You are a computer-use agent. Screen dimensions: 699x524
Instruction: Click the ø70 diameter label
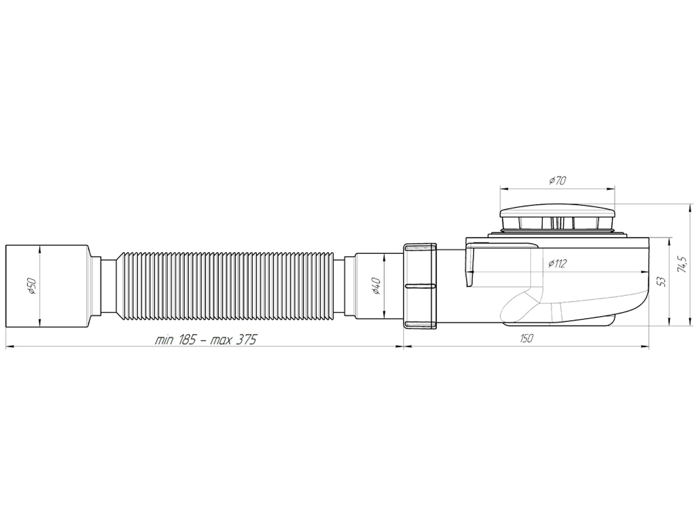[557, 180]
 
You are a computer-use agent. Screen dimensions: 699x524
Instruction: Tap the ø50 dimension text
[33, 286]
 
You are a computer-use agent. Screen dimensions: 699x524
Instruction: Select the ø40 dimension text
[376, 286]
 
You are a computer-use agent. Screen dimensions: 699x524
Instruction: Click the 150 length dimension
[526, 338]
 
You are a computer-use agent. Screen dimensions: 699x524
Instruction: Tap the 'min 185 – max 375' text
[206, 340]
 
